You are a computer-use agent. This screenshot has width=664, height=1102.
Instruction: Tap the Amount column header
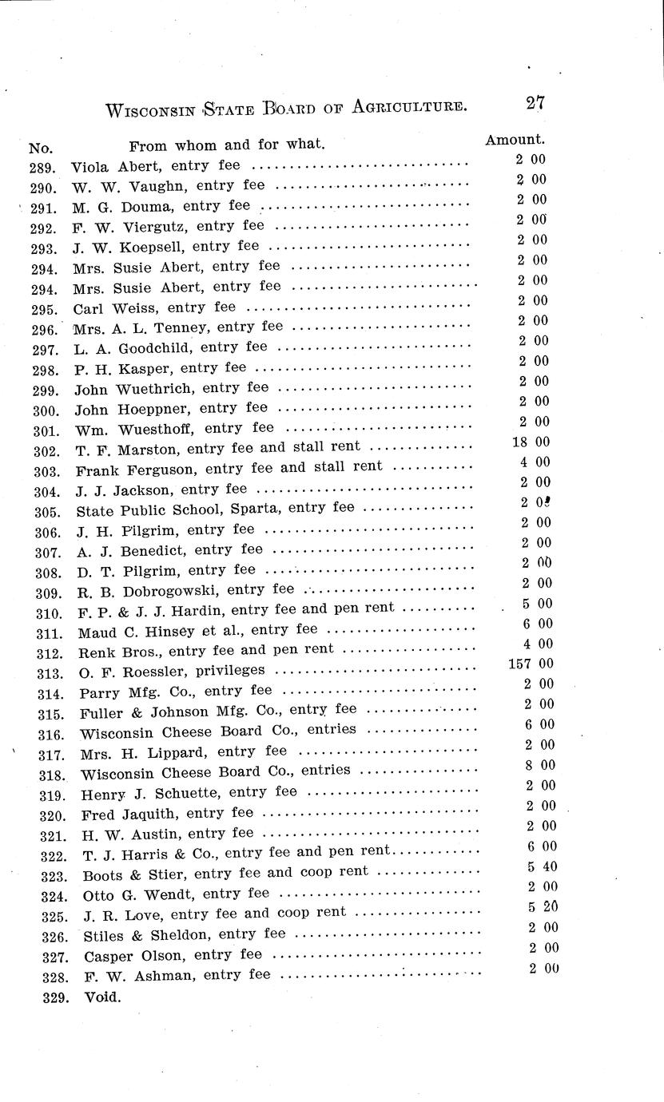[515, 139]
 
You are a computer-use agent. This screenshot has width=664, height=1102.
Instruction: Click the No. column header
[40, 148]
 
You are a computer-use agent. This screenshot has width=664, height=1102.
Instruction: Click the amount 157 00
[531, 664]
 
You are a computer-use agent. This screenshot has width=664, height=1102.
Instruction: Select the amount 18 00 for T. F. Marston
[531, 442]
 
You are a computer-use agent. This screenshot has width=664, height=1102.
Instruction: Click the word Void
[102, 997]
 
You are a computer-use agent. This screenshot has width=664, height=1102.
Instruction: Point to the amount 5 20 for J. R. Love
[543, 907]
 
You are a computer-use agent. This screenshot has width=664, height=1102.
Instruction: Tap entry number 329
[56, 997]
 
